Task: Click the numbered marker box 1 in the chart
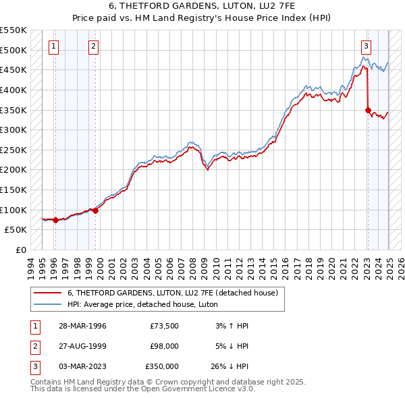click(x=53, y=47)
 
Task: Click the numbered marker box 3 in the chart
click(x=365, y=47)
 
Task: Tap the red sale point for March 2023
click(x=368, y=110)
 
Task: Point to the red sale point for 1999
click(x=95, y=210)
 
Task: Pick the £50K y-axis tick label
click(x=16, y=230)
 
